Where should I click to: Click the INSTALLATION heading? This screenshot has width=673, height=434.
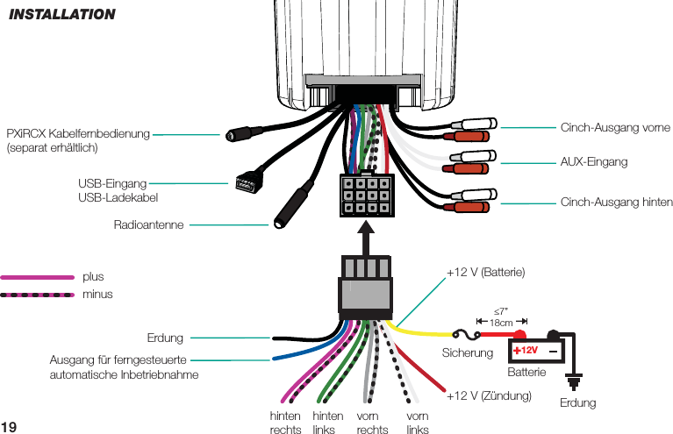click(61, 14)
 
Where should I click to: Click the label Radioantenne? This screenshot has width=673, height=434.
click(148, 225)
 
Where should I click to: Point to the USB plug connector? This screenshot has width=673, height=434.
click(245, 183)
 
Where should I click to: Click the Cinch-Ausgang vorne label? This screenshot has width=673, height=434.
click(614, 128)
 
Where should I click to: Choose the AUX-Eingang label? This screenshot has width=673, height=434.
click(594, 163)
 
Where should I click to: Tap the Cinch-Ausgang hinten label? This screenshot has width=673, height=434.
click(616, 203)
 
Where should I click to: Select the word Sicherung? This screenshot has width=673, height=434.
click(468, 352)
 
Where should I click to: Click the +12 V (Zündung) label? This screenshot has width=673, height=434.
click(490, 396)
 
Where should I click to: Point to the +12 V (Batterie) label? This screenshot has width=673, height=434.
click(485, 273)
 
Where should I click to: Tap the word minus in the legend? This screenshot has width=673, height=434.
click(97, 294)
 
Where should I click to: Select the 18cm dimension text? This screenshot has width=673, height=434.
click(501, 323)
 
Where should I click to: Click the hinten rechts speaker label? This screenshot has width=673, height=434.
click(285, 423)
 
